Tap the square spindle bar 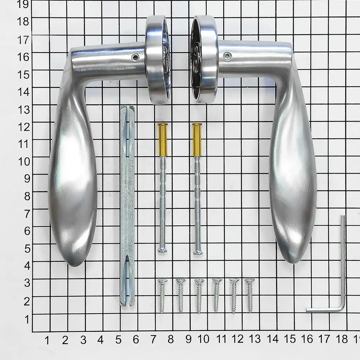point(127,206)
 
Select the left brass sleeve point(163,140)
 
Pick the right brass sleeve point(197,140)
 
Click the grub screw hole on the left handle point(135,57)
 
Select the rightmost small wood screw point(250,295)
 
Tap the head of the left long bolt point(162,250)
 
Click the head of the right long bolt point(198,252)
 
